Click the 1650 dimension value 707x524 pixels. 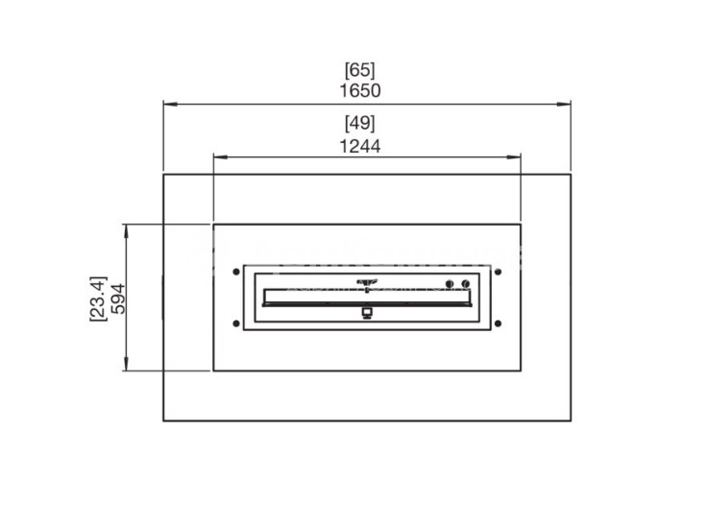pos(360,90)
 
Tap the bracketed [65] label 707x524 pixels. pos(360,70)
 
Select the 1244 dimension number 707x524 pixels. pos(360,147)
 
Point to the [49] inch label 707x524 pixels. pos(360,123)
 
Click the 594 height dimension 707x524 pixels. pos(118,298)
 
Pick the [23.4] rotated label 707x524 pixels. pos(98,298)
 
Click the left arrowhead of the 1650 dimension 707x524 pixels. pos(170,105)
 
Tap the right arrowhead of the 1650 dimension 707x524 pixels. pos(564,105)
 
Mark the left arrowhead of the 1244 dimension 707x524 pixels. pos(221,157)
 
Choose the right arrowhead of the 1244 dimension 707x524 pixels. pos(514,157)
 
